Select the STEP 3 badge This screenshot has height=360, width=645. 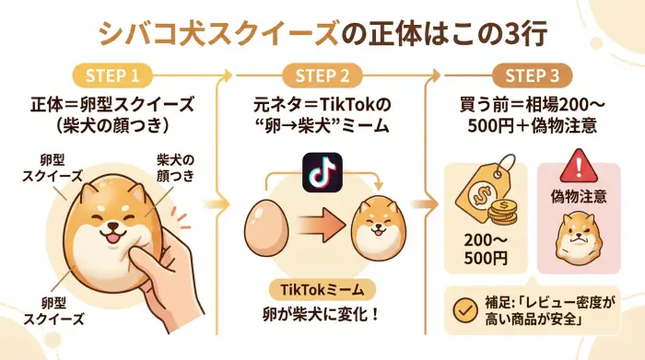532,74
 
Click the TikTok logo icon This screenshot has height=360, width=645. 322,172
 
